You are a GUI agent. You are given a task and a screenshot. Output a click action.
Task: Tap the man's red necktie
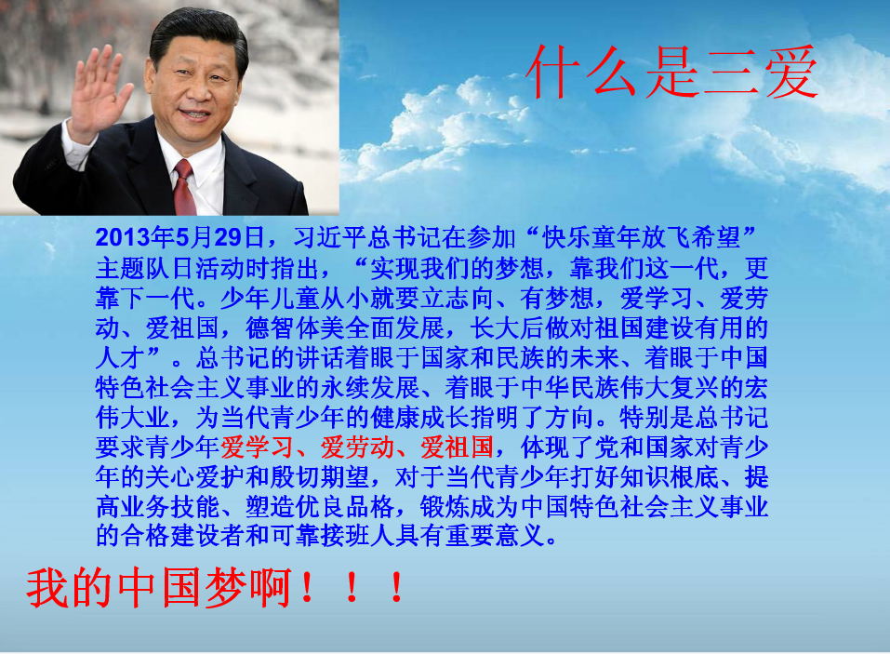183,187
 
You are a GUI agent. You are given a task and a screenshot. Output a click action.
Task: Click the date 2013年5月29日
179,237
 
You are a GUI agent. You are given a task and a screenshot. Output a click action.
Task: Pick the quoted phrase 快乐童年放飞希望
642,237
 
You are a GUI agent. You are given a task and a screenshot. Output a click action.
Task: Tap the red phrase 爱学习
258,447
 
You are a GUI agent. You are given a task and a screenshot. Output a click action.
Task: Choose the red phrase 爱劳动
358,447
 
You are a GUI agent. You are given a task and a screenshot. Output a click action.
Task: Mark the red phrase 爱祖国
458,447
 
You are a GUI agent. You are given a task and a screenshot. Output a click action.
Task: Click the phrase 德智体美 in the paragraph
295,327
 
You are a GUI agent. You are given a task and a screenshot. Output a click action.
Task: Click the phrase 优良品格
345,506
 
